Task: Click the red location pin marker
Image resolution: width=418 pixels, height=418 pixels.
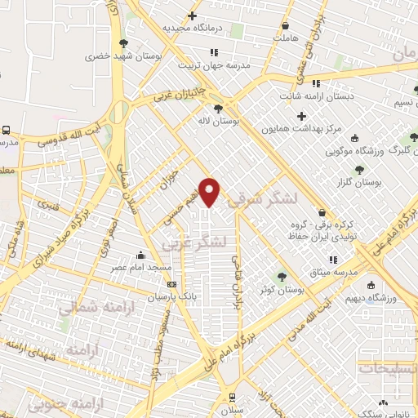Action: coord(211,190)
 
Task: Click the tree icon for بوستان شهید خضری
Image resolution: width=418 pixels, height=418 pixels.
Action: coord(123,42)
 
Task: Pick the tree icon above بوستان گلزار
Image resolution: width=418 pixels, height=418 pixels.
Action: coord(359,170)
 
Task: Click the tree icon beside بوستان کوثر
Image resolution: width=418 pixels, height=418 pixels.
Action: coord(282,276)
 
